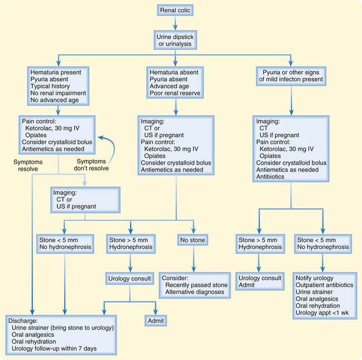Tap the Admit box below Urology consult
[x=158, y=321]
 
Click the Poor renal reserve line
[x=175, y=94]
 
